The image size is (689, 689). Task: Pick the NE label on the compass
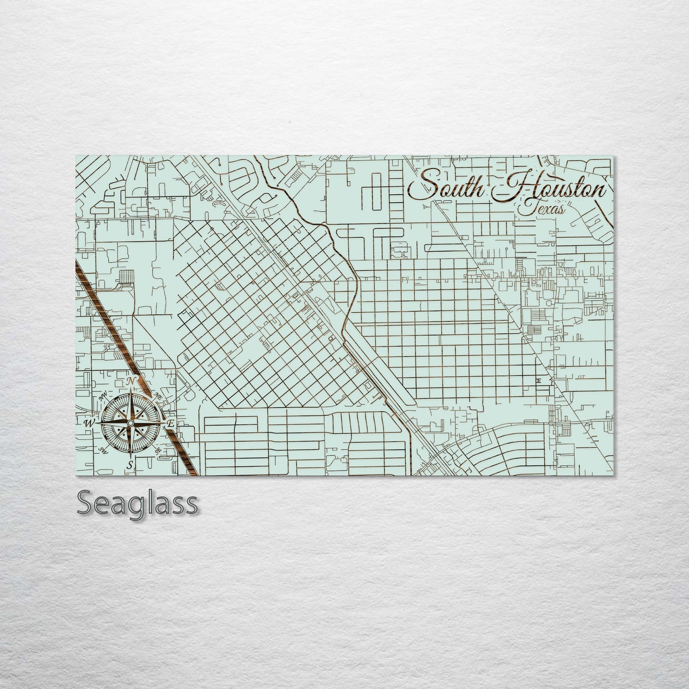coord(158,396)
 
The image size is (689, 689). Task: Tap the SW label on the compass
coord(102,450)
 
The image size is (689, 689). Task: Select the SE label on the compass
coord(157,449)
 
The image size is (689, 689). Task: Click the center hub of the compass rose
coord(130,423)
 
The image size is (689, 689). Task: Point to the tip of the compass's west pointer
coord(98,423)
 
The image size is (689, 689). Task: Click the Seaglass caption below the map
coord(137,503)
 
